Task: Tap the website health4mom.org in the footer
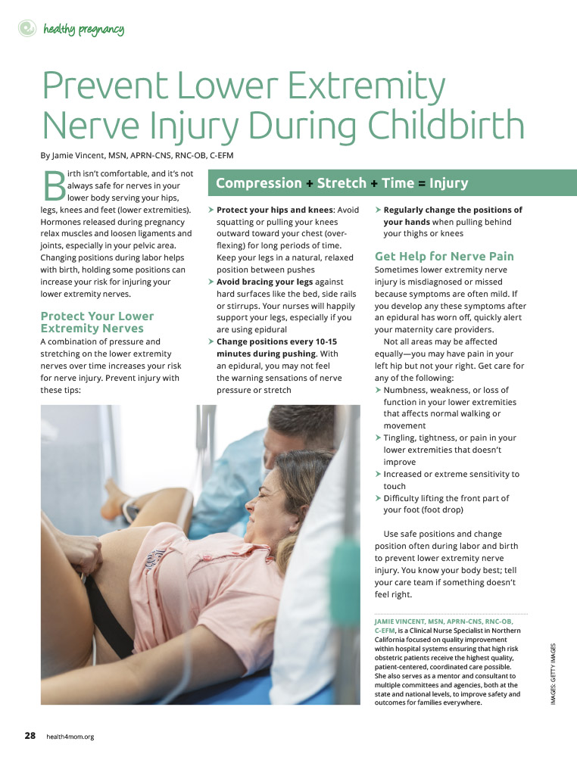[70, 737]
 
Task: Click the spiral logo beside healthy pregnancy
[27, 29]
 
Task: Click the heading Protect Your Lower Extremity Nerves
[97, 322]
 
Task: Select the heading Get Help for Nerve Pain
[444, 256]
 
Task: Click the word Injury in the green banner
[448, 183]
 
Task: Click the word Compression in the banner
[259, 183]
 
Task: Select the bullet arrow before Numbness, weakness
[379, 390]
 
